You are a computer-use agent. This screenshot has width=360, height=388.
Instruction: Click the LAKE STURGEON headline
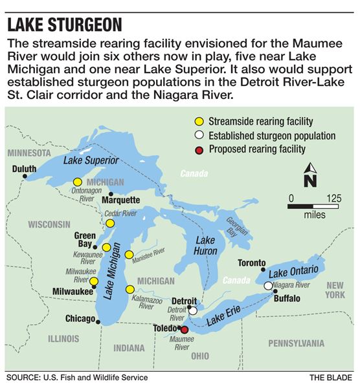[64, 25]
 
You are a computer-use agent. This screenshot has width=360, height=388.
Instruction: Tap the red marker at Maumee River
[185, 329]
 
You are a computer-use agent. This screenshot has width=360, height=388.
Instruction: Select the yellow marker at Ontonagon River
[78, 182]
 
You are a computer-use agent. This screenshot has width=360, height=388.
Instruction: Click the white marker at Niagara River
[268, 286]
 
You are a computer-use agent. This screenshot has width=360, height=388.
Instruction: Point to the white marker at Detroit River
[193, 310]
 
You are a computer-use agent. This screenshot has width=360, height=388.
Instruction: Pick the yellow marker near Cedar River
[110, 223]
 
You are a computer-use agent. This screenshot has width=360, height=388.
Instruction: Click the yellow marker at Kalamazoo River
[130, 289]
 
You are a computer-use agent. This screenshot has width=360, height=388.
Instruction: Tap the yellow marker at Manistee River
[129, 255]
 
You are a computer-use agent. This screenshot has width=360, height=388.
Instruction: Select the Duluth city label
[25, 169]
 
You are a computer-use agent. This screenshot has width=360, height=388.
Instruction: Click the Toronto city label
[251, 263]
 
